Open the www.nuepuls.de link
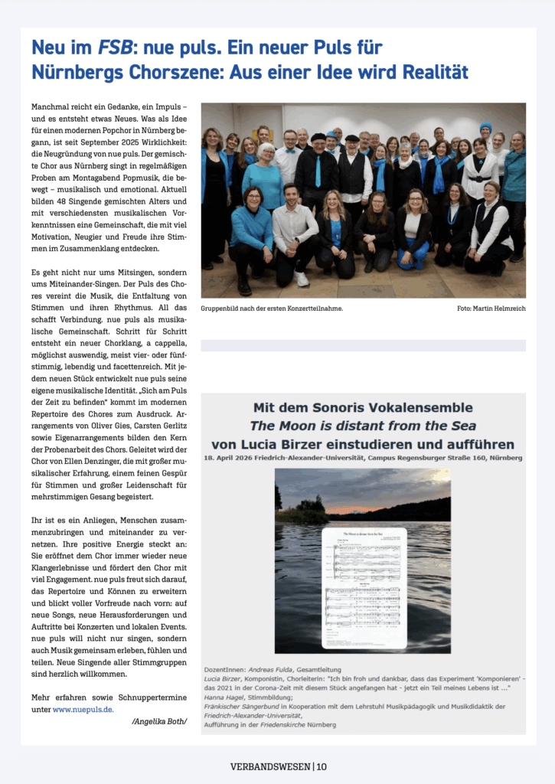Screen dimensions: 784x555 coord(83,709)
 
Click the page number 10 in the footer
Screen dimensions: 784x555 coord(322,766)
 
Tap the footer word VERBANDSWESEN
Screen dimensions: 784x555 coord(269,766)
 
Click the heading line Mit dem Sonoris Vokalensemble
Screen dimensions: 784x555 coord(363,407)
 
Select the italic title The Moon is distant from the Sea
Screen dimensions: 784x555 coord(363,426)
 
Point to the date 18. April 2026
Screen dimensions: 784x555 coord(231,458)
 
